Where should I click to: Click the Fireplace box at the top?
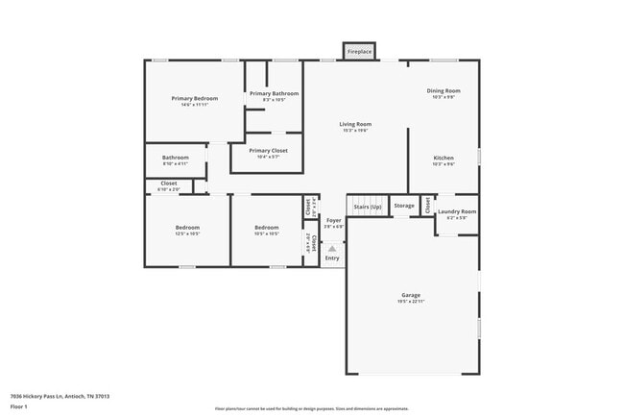point(359,51)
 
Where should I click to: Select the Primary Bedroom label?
point(195,99)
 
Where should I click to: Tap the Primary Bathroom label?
point(274,94)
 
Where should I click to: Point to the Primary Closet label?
point(268,151)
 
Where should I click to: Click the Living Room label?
point(355,124)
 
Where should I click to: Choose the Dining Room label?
point(444,91)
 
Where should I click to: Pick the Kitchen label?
point(444,158)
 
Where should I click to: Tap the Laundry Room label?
point(456,211)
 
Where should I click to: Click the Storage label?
point(404,206)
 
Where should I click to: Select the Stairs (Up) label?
point(368,207)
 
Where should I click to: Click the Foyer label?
point(333,220)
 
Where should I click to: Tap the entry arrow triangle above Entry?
point(332,248)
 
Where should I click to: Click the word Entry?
point(332,258)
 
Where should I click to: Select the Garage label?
point(411,295)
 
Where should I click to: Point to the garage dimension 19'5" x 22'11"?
point(411,302)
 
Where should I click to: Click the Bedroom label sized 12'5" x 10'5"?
point(186,228)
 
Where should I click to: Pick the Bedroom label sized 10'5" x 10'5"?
point(266,228)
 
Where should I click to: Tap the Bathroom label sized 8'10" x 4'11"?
point(175,158)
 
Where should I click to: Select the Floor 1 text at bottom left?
point(19,407)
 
